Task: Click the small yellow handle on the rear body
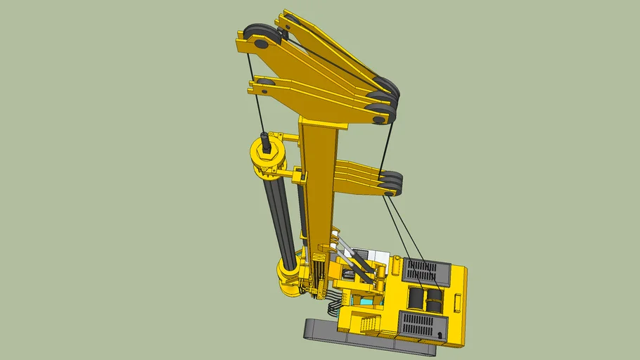click(457, 302)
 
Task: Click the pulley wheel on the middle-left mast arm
click(264, 86)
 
